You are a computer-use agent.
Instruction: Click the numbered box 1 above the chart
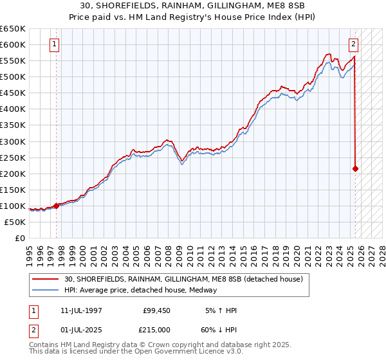click(x=54, y=44)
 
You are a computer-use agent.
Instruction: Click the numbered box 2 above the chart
click(x=354, y=44)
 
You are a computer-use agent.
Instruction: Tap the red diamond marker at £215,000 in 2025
click(x=355, y=168)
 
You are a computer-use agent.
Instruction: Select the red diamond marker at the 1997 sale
click(x=56, y=206)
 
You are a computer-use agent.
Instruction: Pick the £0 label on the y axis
click(x=20, y=238)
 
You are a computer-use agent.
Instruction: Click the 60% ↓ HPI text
click(x=218, y=328)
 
